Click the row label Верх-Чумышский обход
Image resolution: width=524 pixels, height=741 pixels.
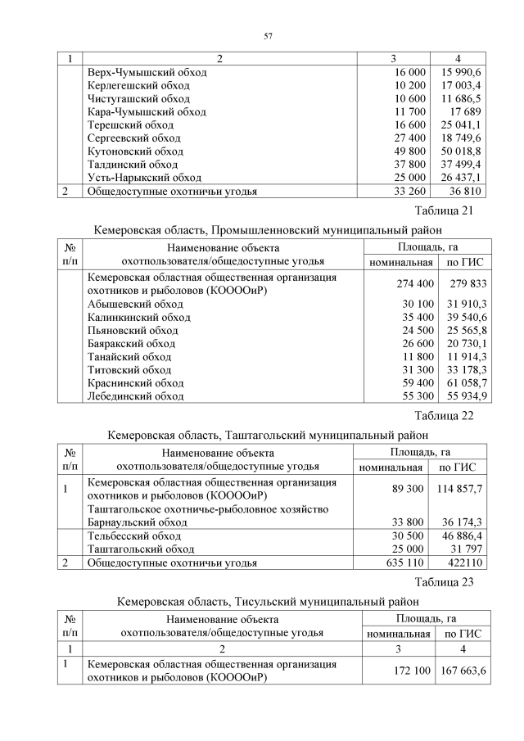(147, 72)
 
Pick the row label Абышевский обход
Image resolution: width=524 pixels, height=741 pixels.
(134, 304)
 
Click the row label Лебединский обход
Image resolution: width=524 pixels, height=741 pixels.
(135, 395)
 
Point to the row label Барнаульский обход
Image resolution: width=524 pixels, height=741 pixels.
(138, 522)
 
